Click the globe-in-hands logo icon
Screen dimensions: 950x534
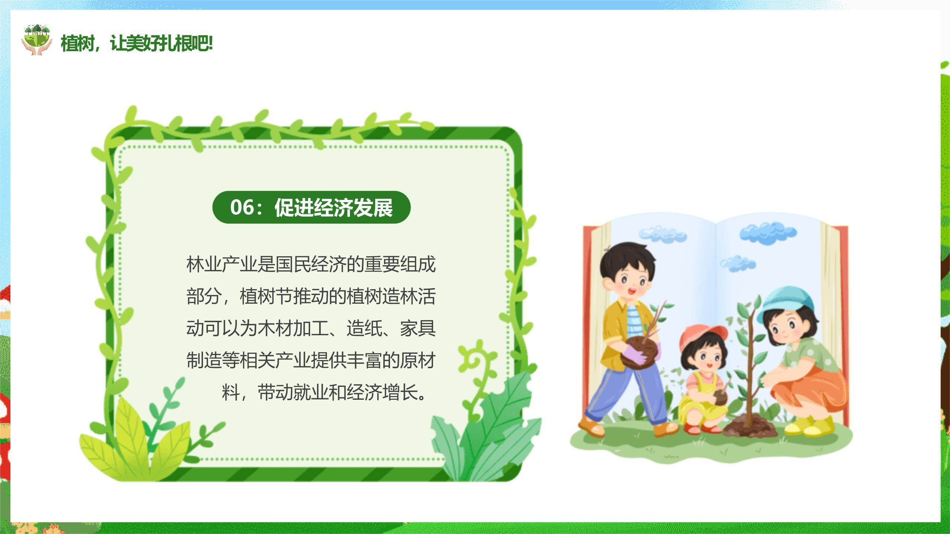[36, 40]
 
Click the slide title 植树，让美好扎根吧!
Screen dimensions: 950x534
[137, 43]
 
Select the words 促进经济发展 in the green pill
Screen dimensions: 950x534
[333, 207]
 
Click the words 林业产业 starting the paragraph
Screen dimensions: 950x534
[222, 264]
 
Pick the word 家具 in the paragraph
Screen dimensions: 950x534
[418, 328]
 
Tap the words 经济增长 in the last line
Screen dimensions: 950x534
[382, 392]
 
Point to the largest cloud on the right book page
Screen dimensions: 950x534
[767, 233]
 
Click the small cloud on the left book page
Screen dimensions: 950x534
[662, 234]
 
